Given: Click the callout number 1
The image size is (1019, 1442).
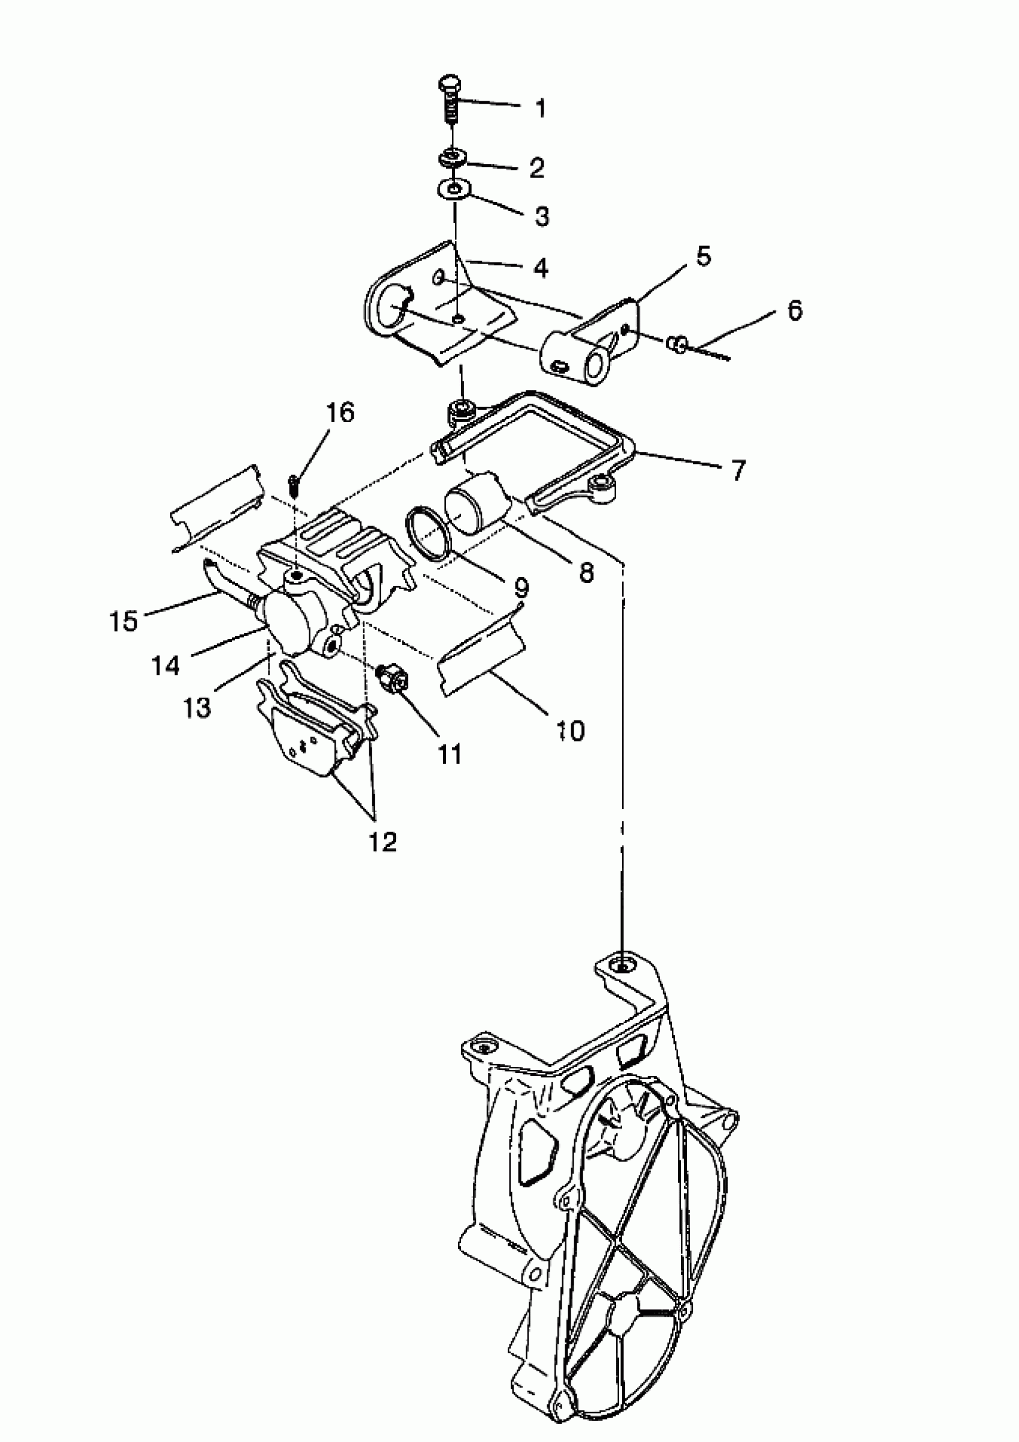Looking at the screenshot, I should coord(540,108).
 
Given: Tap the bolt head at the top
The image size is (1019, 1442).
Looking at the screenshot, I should coord(449,83).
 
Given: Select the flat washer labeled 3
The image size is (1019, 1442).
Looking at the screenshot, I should coord(453,188).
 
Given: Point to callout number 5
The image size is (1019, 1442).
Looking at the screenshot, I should coord(703,257).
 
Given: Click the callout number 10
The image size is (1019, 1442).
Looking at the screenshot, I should coord(571,731).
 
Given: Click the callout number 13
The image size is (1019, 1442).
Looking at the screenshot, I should coord(197,708).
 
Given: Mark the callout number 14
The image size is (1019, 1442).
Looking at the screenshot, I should coord(166,665).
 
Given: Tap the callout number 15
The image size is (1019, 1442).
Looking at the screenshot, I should coord(123,621).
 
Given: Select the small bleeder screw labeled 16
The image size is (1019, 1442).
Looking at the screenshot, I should coord(294,483).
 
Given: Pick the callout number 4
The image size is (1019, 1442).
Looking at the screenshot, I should coord(540,268).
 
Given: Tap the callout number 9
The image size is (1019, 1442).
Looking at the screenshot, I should coord(521,587).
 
